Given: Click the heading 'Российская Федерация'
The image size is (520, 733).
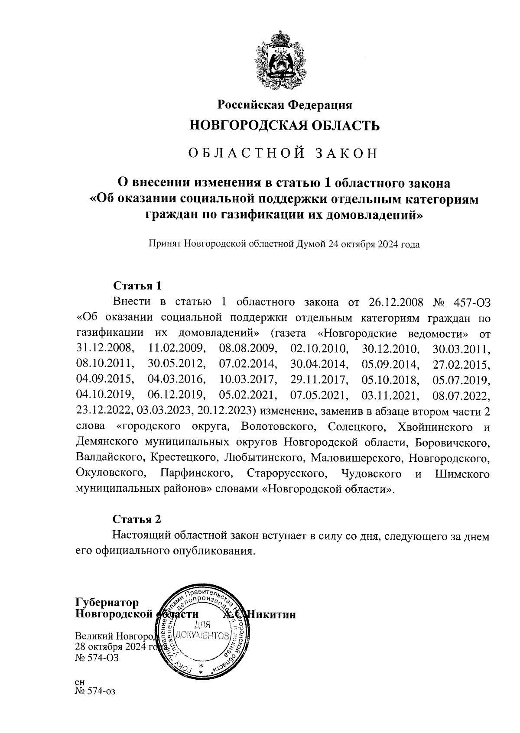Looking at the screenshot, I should [x=284, y=105].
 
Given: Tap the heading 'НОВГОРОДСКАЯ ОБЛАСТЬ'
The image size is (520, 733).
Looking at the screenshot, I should [x=285, y=126].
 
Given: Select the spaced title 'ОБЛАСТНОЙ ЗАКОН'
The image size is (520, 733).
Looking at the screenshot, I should [x=284, y=153].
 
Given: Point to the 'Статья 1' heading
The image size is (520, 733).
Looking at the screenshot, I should [x=137, y=286].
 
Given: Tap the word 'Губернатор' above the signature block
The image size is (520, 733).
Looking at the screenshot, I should [x=107, y=603].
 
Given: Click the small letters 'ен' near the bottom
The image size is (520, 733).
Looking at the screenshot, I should [x=80, y=681].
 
